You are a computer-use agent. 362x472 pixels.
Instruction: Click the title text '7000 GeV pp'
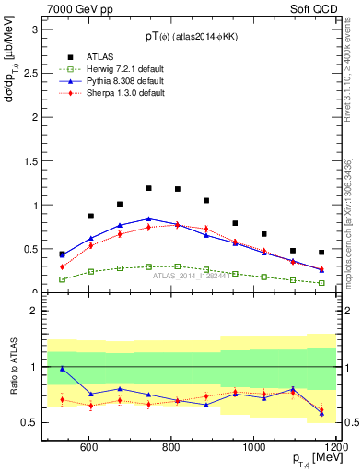click(76, 7)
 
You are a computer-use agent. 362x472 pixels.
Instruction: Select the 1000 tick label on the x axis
click(253, 447)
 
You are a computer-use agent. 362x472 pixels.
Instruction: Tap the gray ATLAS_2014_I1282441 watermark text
click(193, 275)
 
